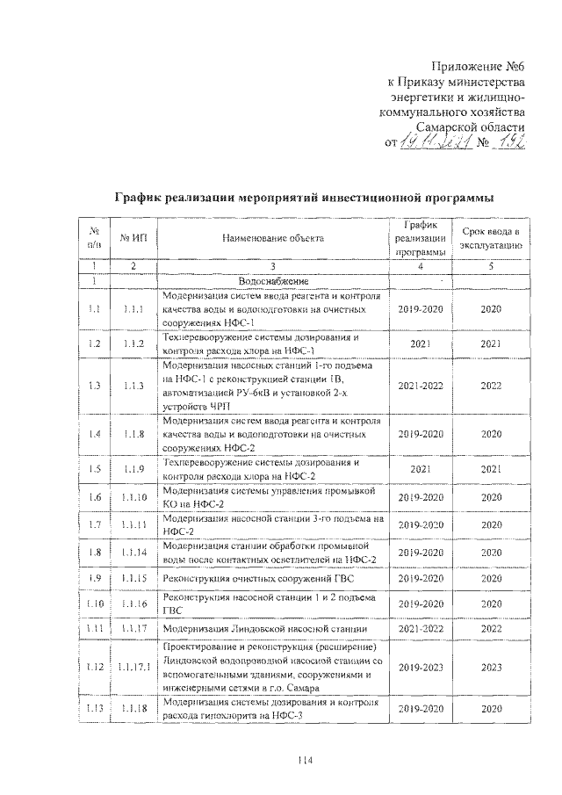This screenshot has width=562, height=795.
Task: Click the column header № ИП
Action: tap(133, 238)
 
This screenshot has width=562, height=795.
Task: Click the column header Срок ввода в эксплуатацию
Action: tap(491, 238)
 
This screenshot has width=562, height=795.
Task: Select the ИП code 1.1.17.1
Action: tap(133, 668)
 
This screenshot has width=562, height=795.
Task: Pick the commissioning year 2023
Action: tap(491, 668)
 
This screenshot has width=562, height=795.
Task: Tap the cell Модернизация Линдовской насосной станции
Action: tap(263, 630)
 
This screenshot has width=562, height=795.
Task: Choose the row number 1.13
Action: tap(94, 709)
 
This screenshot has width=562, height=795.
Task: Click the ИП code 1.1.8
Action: tap(133, 434)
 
